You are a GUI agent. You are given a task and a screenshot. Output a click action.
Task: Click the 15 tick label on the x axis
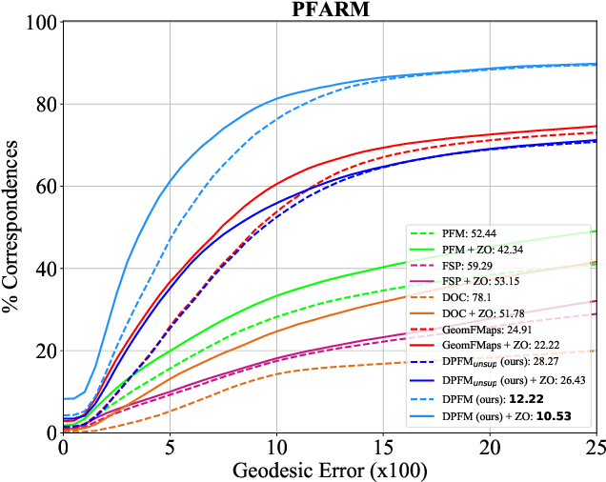tap(383, 446)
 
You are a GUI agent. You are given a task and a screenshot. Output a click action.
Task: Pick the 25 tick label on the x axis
tap(596, 446)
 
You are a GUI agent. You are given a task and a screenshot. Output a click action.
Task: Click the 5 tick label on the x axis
tap(170, 446)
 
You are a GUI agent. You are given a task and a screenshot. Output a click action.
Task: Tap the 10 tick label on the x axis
tap(276, 446)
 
